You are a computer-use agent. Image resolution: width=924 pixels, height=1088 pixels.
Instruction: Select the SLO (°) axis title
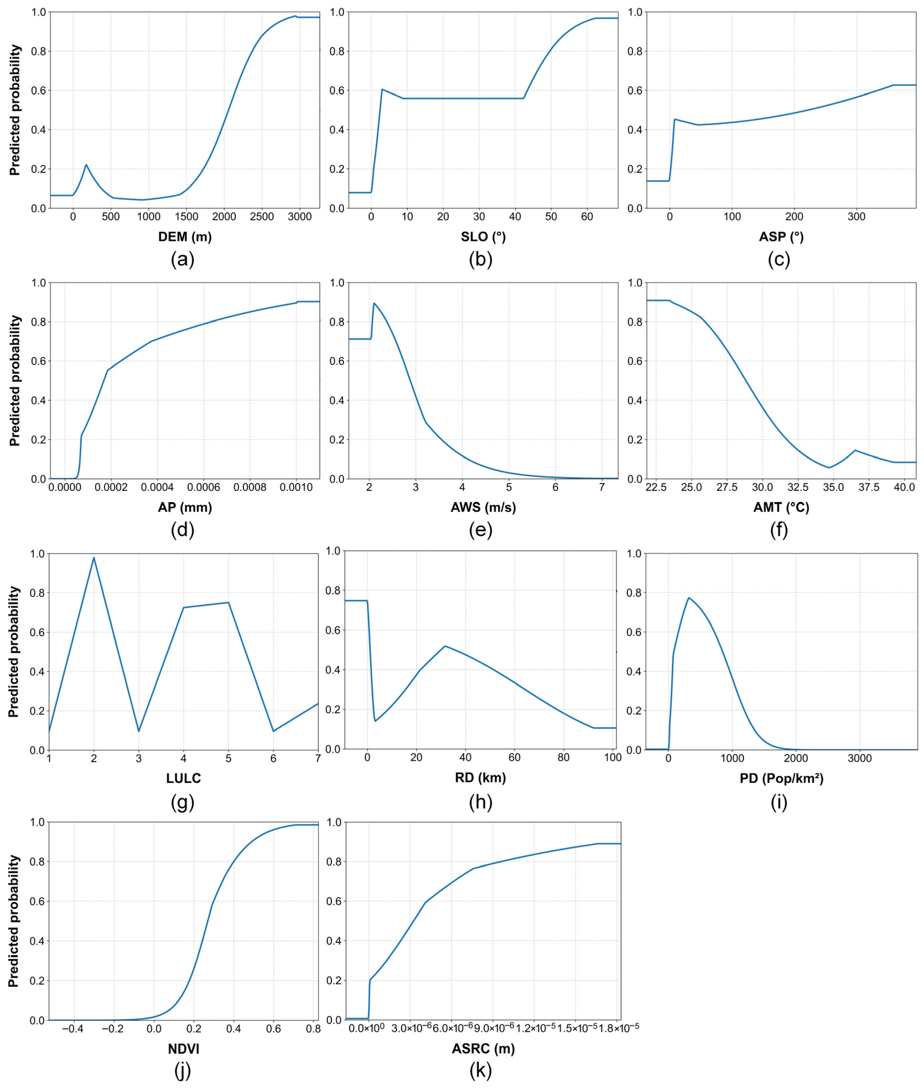tap(483, 237)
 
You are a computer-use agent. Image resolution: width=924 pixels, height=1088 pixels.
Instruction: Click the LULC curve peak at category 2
tap(94, 557)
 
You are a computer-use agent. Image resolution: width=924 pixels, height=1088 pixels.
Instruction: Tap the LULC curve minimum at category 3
tap(139, 731)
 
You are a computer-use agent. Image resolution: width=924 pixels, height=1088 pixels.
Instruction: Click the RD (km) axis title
tap(480, 777)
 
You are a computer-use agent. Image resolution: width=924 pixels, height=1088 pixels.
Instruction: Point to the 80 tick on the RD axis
tap(564, 757)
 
